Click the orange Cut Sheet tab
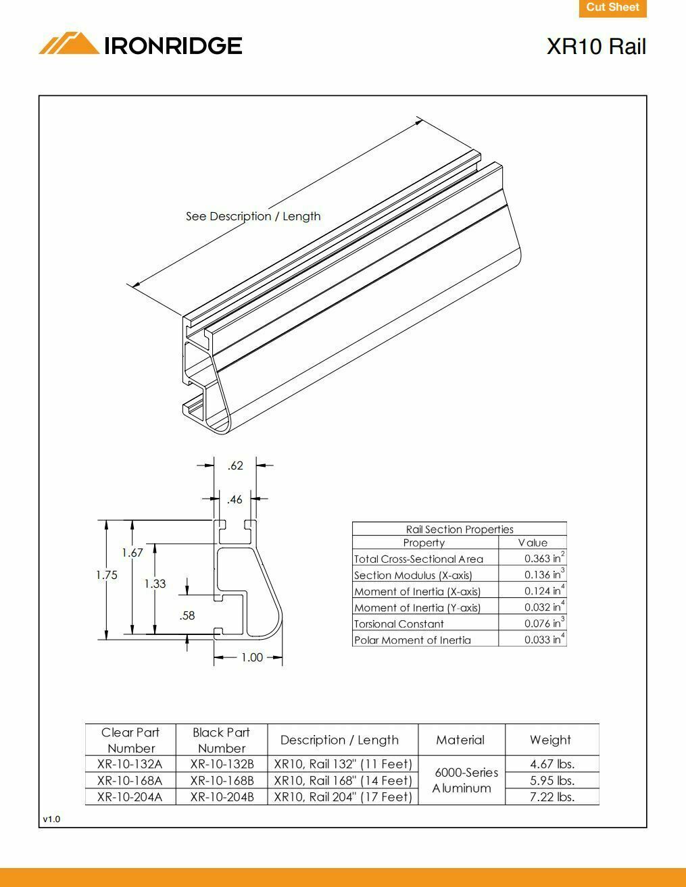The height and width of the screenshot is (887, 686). click(x=612, y=8)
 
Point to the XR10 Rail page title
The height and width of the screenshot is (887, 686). click(x=596, y=47)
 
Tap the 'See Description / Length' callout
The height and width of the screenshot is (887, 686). click(x=253, y=216)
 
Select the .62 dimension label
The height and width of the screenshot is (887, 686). click(x=235, y=465)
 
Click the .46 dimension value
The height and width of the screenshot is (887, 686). click(x=235, y=500)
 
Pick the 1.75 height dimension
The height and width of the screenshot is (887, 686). click(x=107, y=575)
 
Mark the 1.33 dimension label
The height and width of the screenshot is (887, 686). click(x=155, y=584)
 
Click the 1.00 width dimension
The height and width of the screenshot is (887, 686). click(x=251, y=657)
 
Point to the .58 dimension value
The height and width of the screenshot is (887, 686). click(x=187, y=615)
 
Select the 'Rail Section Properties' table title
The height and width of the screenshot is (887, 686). click(x=460, y=530)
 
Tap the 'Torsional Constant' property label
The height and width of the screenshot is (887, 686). click(x=399, y=624)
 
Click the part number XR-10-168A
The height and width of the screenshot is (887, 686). click(x=130, y=780)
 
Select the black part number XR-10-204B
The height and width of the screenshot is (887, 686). click(x=222, y=796)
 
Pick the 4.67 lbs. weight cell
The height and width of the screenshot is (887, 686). click(x=552, y=764)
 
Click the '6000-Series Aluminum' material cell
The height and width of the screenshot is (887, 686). click(x=462, y=780)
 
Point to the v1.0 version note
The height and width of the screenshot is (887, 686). click(x=51, y=819)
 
